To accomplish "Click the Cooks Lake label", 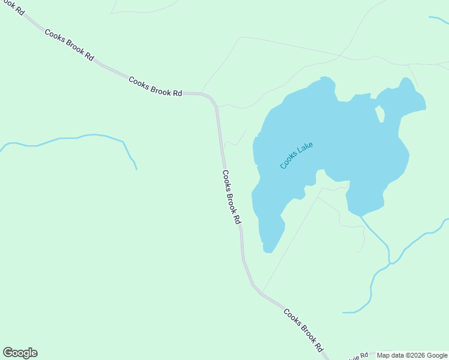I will click(x=297, y=155).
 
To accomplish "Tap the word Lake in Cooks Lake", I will click(x=304, y=149).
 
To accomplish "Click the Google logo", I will click(x=20, y=353).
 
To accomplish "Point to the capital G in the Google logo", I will click(x=8, y=353).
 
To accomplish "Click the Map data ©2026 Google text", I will click(x=412, y=355).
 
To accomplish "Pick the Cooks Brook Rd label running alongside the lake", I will click(x=231, y=197).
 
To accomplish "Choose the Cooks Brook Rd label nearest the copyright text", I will click(x=303, y=330).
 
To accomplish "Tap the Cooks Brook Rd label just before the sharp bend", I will click(x=155, y=85).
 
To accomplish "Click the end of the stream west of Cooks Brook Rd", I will click(x=137, y=169).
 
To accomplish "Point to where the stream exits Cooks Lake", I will click(x=361, y=217).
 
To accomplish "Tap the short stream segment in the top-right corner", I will click(x=439, y=20).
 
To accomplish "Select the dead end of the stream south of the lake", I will click(x=343, y=313).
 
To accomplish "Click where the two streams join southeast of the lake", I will click(x=391, y=263).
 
